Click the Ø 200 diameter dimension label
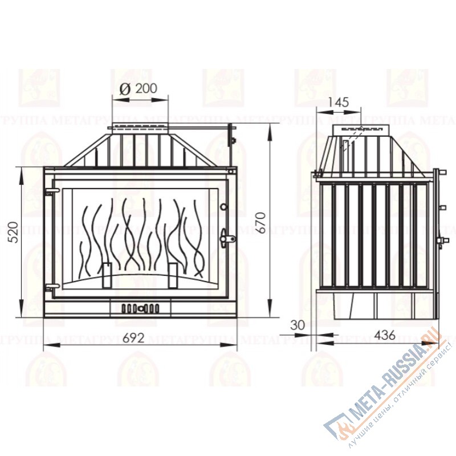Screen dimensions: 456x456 (x=139, y=88)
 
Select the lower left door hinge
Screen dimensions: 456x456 (x=50, y=283)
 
